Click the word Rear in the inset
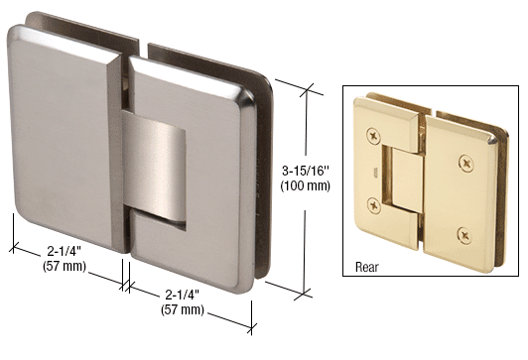tap(368, 267)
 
